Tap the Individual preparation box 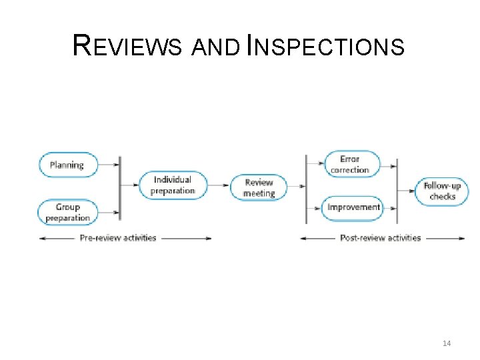pyautogui.click(x=173, y=185)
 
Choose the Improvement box pyautogui.click(x=353, y=207)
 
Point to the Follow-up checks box pyautogui.click(x=442, y=191)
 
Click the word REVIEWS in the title pyautogui.click(x=127, y=47)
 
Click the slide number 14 pyautogui.click(x=447, y=343)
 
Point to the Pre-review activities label pyautogui.click(x=118, y=238)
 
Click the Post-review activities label pyautogui.click(x=381, y=238)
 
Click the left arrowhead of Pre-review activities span pyautogui.click(x=41, y=238)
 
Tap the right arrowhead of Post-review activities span pyautogui.click(x=462, y=238)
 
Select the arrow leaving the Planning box pyautogui.click(x=109, y=165)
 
